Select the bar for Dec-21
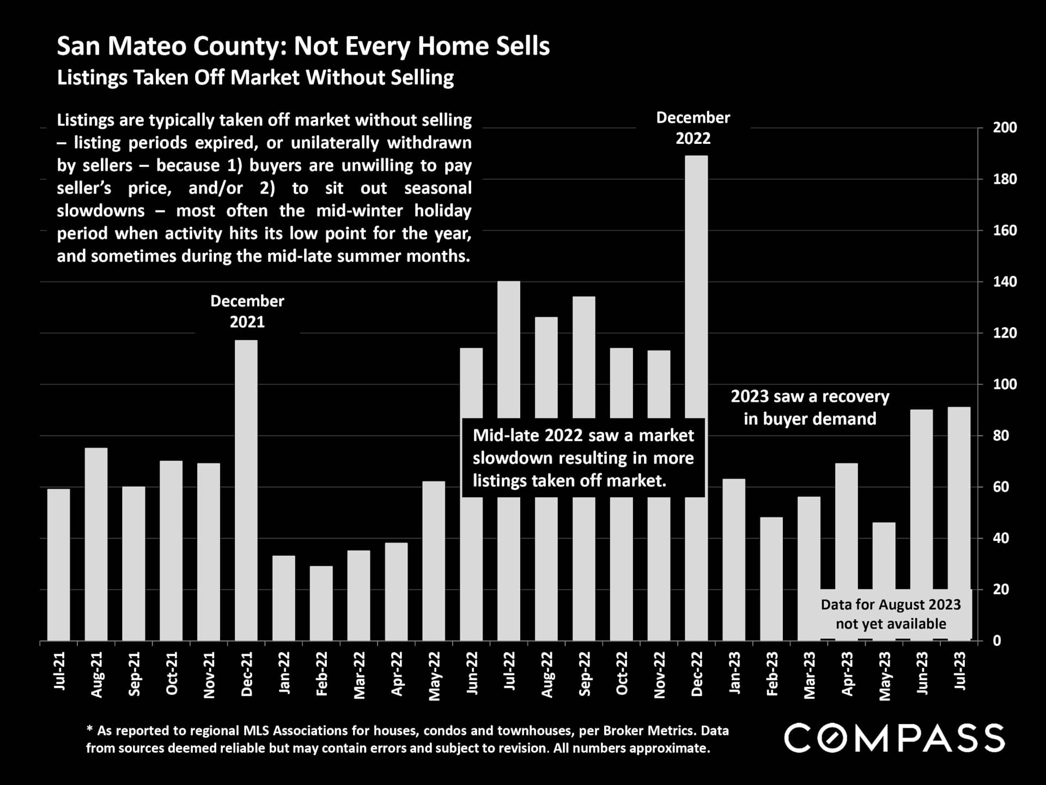click(246, 491)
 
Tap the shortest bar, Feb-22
click(321, 603)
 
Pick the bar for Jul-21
click(59, 565)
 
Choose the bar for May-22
click(434, 561)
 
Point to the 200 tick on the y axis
click(1005, 128)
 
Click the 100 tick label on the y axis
click(1005, 384)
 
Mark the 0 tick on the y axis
click(997, 641)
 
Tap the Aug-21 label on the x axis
click(96, 674)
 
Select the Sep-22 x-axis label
click(584, 674)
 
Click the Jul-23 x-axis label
click(959, 671)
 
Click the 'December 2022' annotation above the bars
click(693, 128)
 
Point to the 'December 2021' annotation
click(247, 311)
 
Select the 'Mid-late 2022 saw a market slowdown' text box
click(583, 458)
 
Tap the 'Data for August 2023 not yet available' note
click(891, 614)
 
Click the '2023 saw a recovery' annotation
click(810, 407)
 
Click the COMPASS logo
click(894, 738)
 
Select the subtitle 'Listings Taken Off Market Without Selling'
click(255, 77)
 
